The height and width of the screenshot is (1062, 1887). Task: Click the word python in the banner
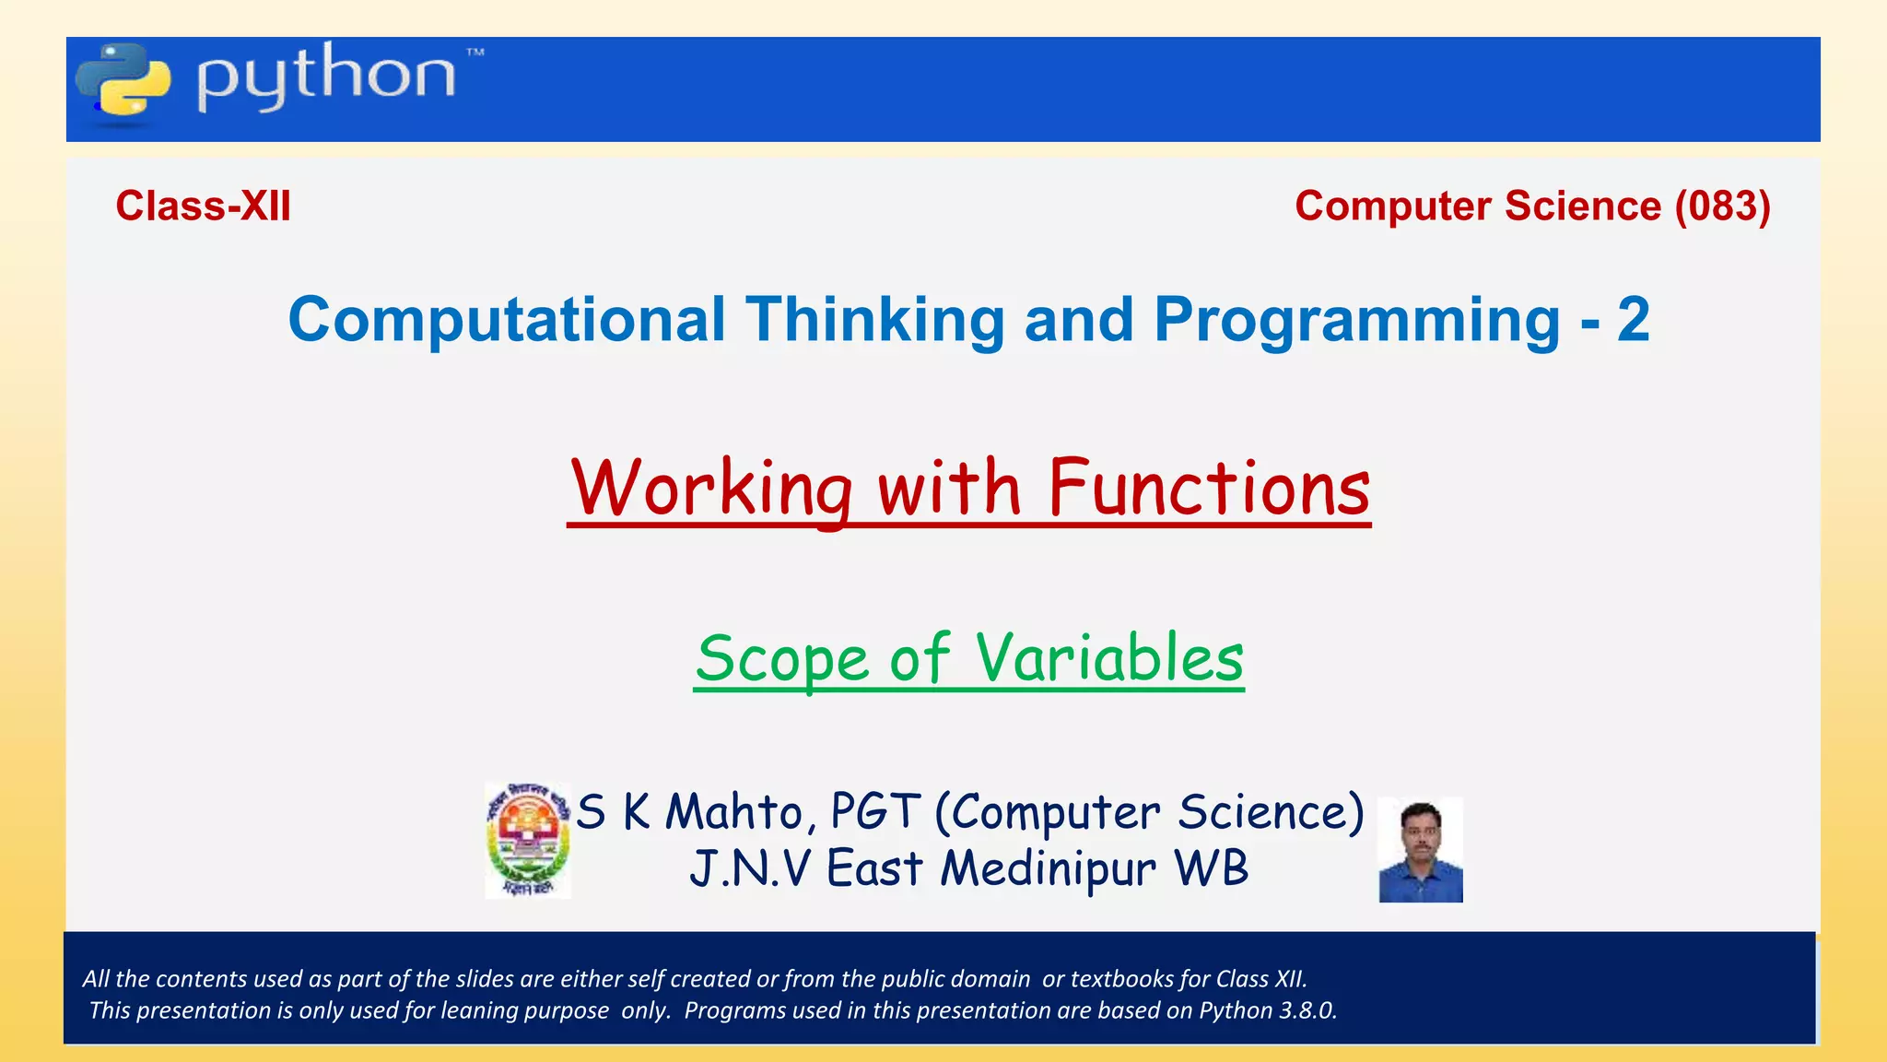325,77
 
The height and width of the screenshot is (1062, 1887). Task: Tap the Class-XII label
203,206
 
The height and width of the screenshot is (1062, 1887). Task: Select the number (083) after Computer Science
1722,206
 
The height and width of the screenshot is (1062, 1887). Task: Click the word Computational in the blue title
507,320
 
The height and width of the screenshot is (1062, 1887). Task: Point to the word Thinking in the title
874,320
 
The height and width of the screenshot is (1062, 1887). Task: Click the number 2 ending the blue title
1633,320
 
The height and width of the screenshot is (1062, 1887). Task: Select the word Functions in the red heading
1209,488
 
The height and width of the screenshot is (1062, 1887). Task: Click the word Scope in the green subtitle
781,659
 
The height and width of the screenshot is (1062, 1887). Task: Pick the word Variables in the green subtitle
1109,659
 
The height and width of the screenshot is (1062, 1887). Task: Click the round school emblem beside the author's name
528,841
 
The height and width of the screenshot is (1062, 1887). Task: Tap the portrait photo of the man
1420,850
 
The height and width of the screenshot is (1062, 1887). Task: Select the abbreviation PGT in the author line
874,812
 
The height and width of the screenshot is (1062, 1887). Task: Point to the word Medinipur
1048,869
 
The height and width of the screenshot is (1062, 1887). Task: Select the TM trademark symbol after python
475,53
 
